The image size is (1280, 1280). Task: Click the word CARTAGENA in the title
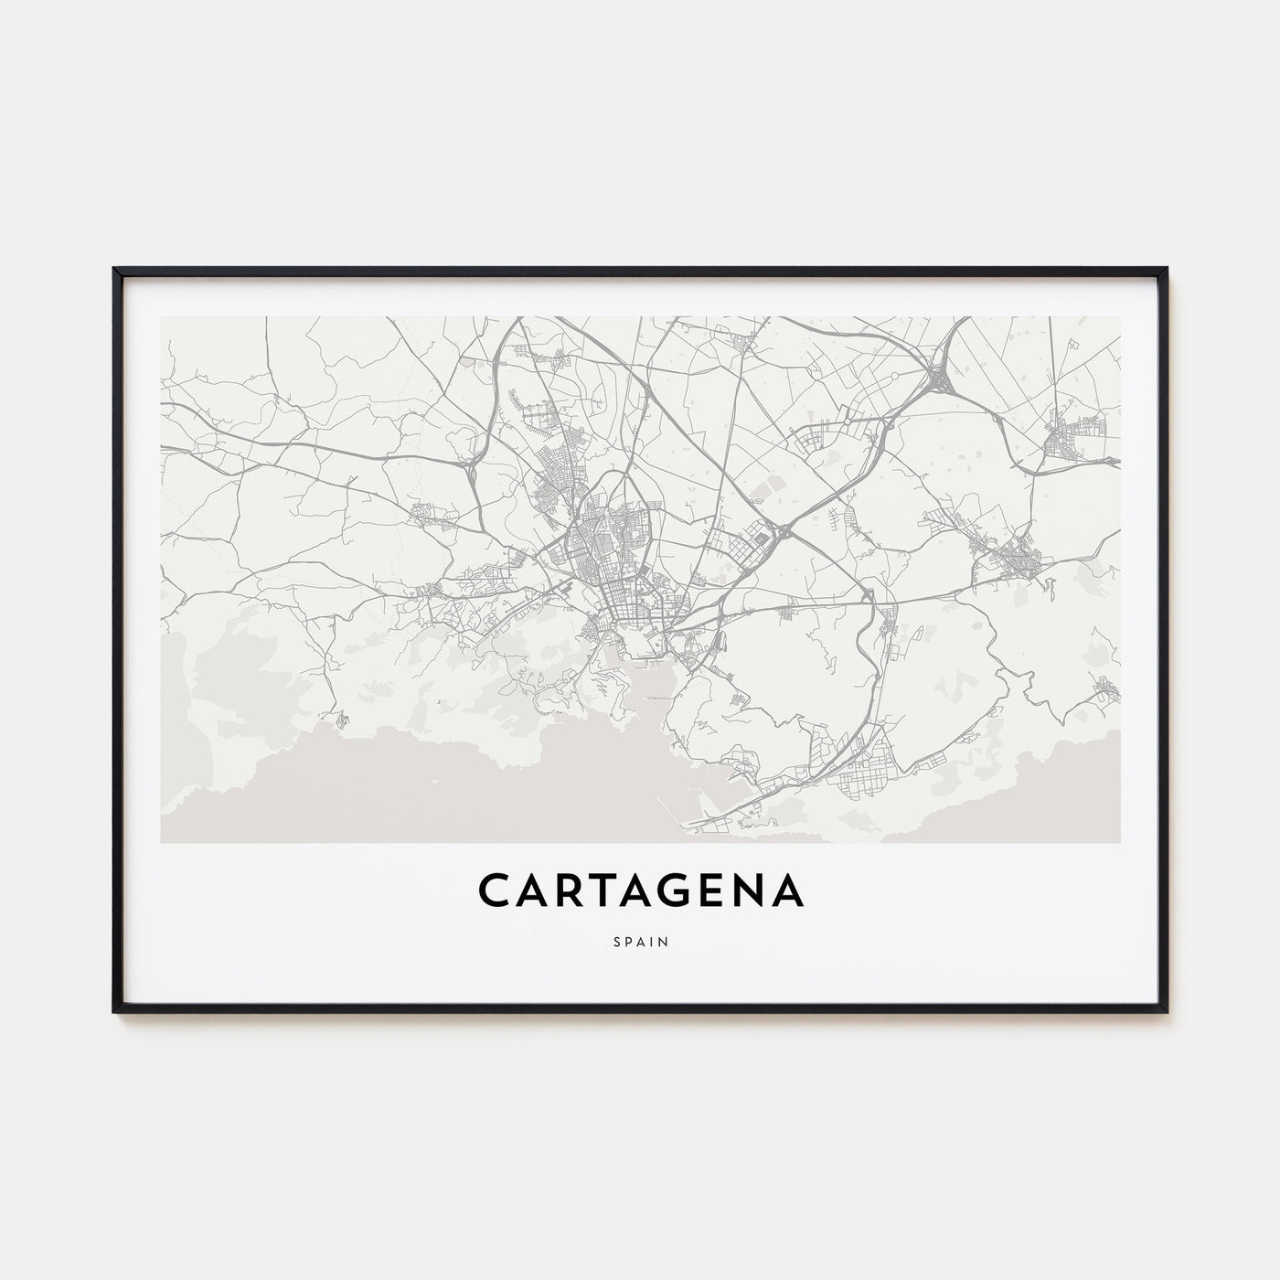point(640,891)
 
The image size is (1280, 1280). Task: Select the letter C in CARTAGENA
point(493,891)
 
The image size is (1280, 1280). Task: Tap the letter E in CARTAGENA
point(716,891)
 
